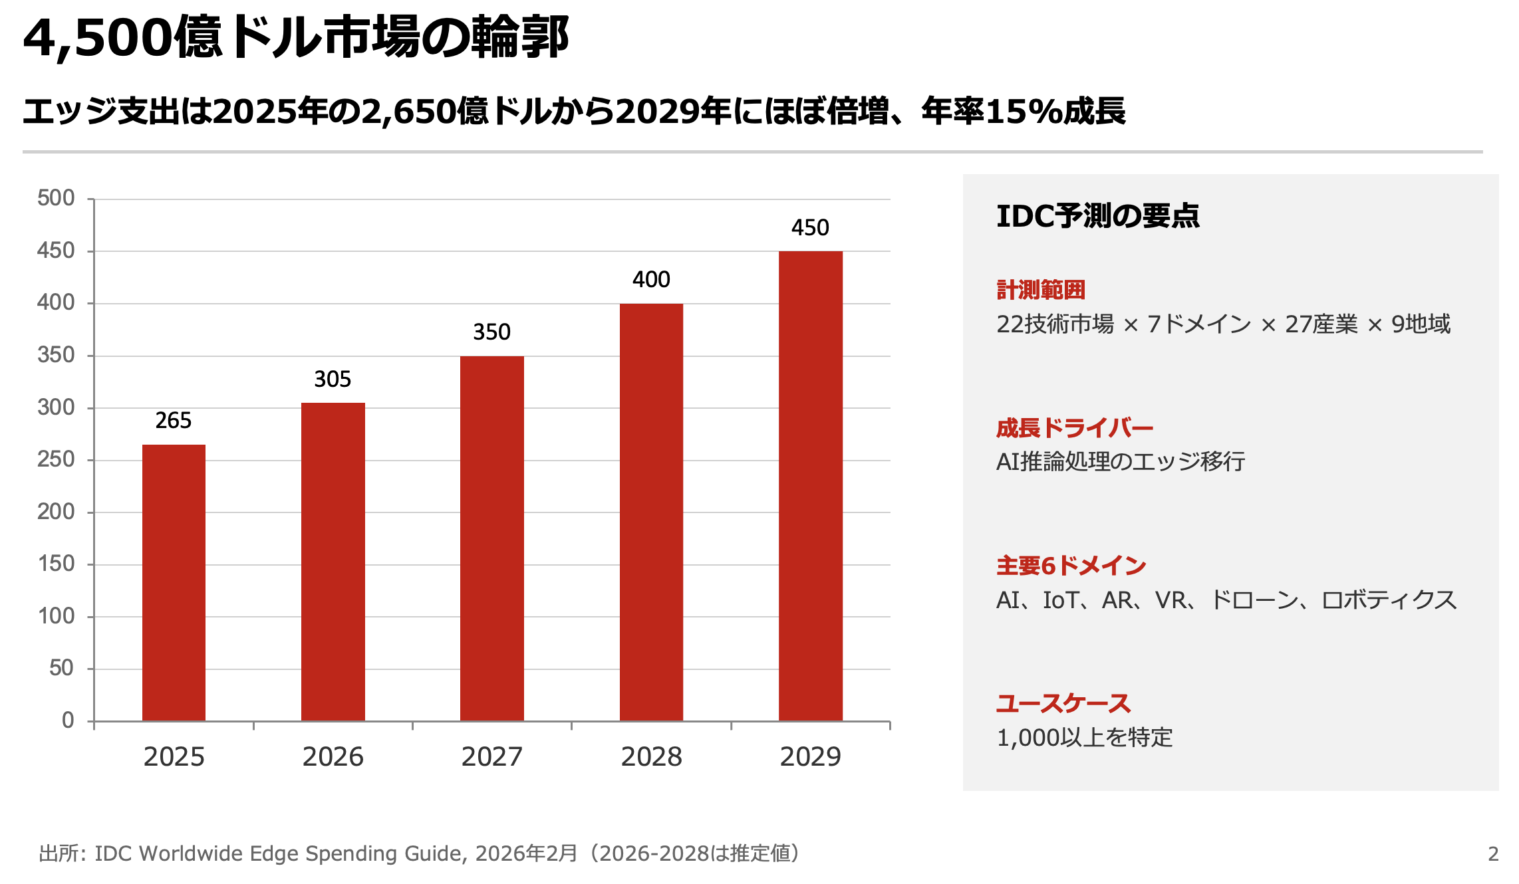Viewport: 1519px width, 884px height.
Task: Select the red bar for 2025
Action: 174,582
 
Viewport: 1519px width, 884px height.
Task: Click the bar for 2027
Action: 491,538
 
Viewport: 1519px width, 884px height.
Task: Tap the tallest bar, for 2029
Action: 810,486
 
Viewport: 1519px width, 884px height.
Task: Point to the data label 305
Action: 332,380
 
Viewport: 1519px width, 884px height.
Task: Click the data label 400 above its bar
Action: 650,280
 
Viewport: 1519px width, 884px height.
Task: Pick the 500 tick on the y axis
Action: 56,198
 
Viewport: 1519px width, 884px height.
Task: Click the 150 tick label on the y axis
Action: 56,564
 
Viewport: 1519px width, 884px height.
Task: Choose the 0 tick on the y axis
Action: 68,720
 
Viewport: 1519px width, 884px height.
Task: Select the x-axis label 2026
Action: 333,757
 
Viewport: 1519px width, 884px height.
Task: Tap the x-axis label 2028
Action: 651,757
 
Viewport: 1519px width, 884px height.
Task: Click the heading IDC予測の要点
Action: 1097,216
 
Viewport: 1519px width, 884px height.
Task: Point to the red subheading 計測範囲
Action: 1040,290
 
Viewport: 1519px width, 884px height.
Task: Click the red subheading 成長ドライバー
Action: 1074,428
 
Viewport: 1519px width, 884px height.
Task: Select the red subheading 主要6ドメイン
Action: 1071,566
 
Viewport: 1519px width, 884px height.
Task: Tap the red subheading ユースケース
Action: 1063,703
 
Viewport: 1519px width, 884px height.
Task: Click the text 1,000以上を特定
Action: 1084,738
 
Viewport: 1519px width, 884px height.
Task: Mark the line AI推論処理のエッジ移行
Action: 1120,461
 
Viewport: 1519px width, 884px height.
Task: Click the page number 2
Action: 1493,853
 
